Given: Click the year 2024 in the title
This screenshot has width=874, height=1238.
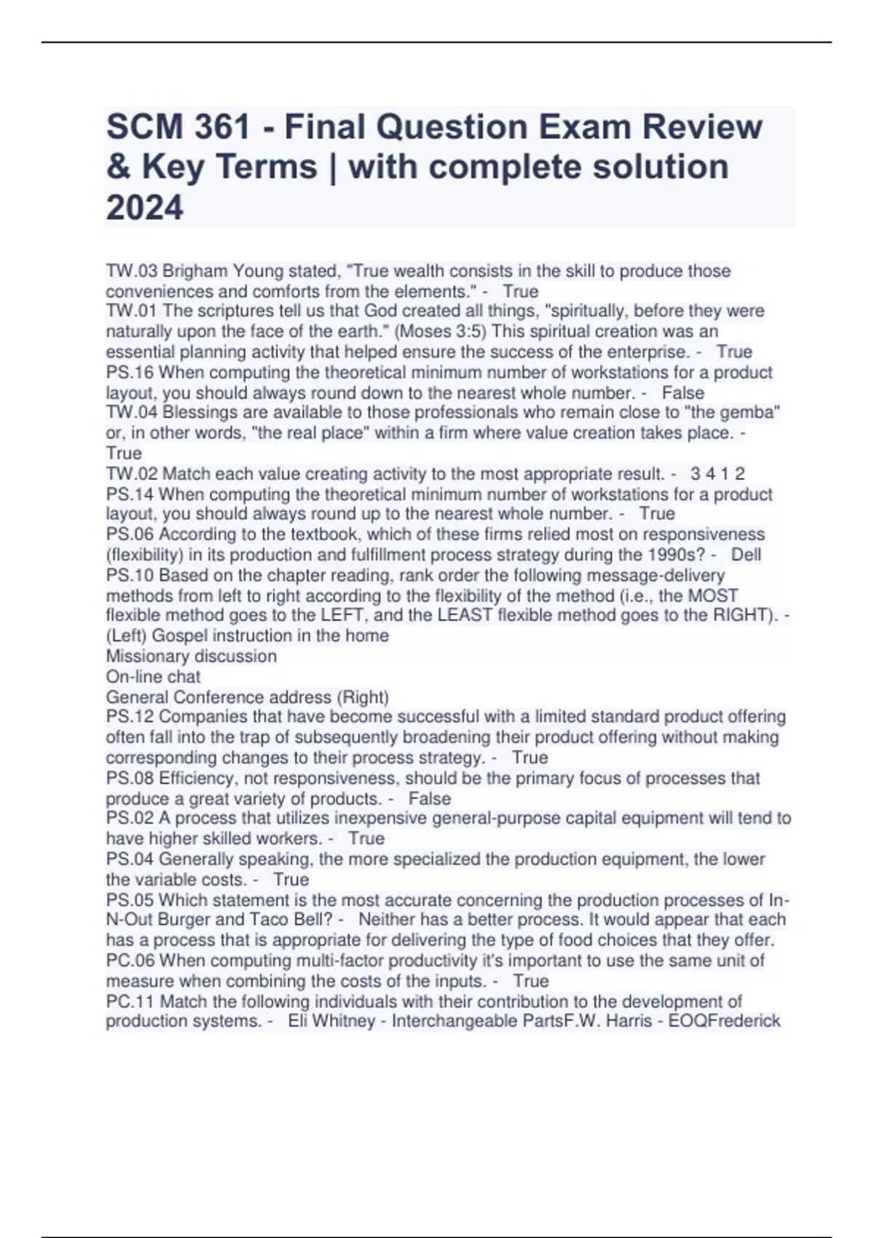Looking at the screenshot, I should coord(144,208).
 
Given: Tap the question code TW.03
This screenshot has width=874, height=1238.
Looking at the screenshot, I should coord(131,271).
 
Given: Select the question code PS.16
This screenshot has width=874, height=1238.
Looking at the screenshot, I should coord(130,372).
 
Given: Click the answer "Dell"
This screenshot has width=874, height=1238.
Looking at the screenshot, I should coord(746,554).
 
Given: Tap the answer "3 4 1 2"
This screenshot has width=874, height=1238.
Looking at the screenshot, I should coord(717,474).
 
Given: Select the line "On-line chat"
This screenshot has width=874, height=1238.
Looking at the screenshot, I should coord(153,677).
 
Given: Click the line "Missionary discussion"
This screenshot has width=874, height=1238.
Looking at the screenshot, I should coord(191,656).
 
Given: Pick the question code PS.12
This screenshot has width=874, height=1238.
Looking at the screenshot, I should coord(130,717).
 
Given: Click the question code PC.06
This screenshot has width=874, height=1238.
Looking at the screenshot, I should coord(130,961).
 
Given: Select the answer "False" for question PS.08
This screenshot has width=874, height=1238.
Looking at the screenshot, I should coord(430,798).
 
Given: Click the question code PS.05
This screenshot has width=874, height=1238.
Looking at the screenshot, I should coord(130,900).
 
